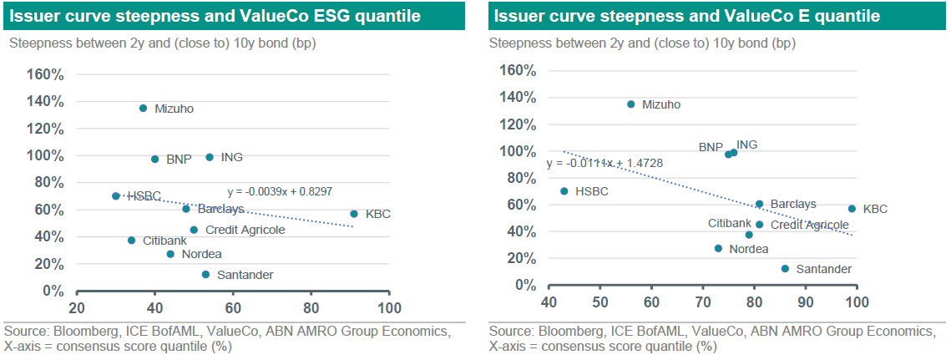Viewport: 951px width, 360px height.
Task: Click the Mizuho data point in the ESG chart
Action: [143, 109]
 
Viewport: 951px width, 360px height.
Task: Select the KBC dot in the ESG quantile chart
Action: [354, 214]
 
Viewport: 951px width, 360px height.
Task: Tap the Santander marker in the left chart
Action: [205, 274]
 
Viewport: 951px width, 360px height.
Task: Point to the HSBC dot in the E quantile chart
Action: [564, 191]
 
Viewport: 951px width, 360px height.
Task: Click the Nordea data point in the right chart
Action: [718, 248]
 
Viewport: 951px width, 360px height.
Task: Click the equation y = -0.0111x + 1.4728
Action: [604, 163]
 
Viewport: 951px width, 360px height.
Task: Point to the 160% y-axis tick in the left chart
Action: [47, 74]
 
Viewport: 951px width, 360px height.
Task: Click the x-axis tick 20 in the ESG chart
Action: [78, 307]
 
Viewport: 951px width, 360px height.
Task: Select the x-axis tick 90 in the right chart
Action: [805, 301]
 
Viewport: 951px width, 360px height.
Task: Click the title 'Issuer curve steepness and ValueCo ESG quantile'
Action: [215, 16]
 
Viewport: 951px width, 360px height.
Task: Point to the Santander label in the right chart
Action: [823, 269]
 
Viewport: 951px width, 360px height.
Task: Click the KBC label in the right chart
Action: [874, 209]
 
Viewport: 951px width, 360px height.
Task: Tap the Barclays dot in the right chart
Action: [759, 204]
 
